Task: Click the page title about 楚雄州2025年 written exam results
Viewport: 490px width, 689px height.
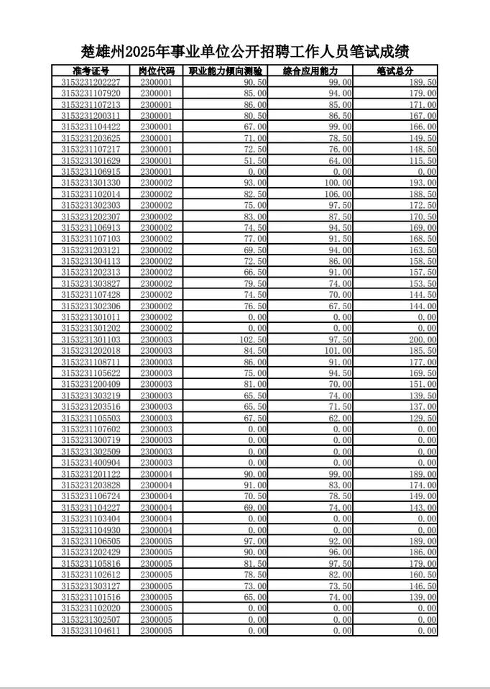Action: pyautogui.click(x=245, y=52)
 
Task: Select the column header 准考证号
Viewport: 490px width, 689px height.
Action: pyautogui.click(x=91, y=71)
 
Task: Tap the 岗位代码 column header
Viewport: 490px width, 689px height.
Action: pyautogui.click(x=157, y=71)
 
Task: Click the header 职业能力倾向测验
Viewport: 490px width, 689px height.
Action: pyautogui.click(x=225, y=71)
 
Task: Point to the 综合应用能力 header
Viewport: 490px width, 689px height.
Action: pyautogui.click(x=310, y=71)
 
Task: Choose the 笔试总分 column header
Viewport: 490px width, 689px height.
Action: pyautogui.click(x=395, y=71)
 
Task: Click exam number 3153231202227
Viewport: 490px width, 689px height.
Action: pyautogui.click(x=91, y=82)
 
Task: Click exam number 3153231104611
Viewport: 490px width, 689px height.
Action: pyautogui.click(x=91, y=630)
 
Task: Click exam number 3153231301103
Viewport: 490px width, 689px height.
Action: pyautogui.click(x=91, y=339)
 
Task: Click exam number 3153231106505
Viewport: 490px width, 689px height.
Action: pyautogui.click(x=91, y=541)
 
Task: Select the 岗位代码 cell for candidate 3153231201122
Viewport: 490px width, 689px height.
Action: pyautogui.click(x=157, y=474)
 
